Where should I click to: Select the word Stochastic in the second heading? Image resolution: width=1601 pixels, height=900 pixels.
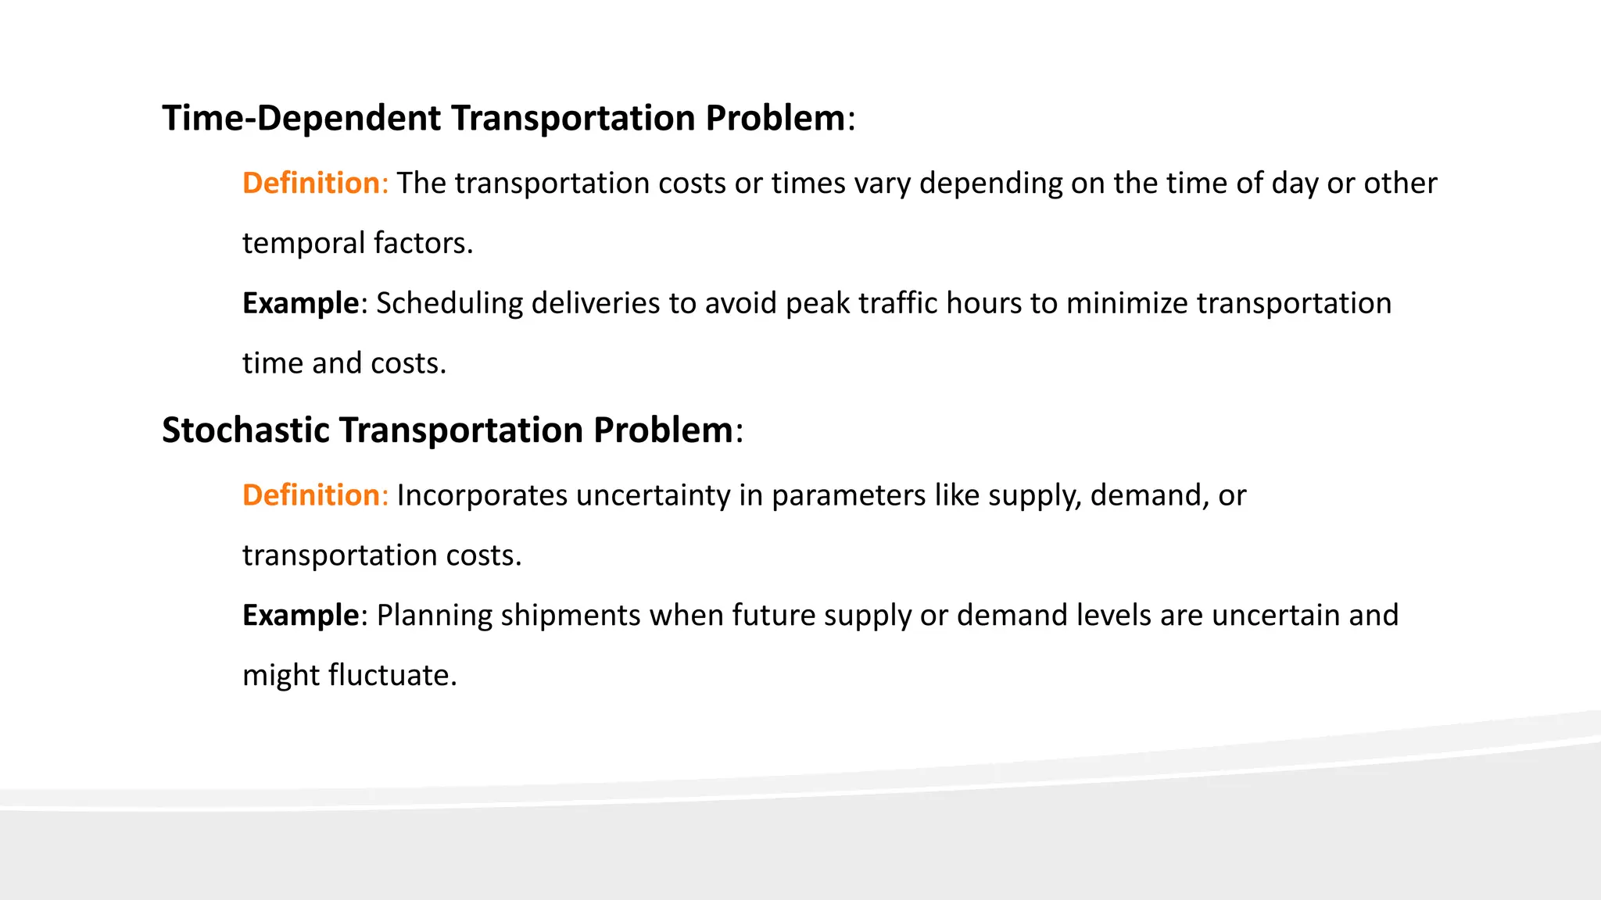[x=245, y=430]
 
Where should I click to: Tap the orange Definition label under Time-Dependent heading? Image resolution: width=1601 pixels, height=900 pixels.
[x=311, y=184]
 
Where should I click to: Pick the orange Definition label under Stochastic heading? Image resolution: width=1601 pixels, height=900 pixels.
[x=311, y=496]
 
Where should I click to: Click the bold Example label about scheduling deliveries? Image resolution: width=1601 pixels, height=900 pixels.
[x=300, y=304]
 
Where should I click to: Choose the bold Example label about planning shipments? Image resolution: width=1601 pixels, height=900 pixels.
[x=300, y=616]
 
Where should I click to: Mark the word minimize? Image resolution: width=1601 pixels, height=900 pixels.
[x=1126, y=304]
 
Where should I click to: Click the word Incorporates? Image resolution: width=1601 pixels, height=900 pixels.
[x=482, y=496]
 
